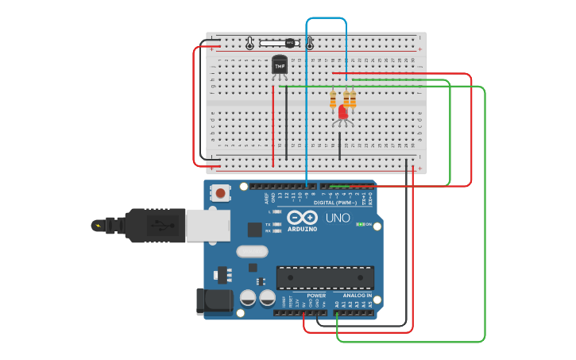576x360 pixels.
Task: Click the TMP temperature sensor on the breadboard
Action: (279, 66)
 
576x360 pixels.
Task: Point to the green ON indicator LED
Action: (362, 224)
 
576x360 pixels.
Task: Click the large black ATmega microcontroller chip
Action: (325, 277)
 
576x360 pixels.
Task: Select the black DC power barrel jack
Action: (212, 300)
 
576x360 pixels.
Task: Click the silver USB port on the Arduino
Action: (207, 225)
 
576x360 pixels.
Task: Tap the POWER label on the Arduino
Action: (295, 296)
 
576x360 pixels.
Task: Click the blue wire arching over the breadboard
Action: (326, 18)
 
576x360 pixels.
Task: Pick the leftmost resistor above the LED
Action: (333, 99)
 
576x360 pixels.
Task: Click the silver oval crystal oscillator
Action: (252, 252)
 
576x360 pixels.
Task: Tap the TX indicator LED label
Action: (268, 225)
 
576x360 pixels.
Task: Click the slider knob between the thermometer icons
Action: (290, 43)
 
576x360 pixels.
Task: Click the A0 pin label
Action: (336, 304)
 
